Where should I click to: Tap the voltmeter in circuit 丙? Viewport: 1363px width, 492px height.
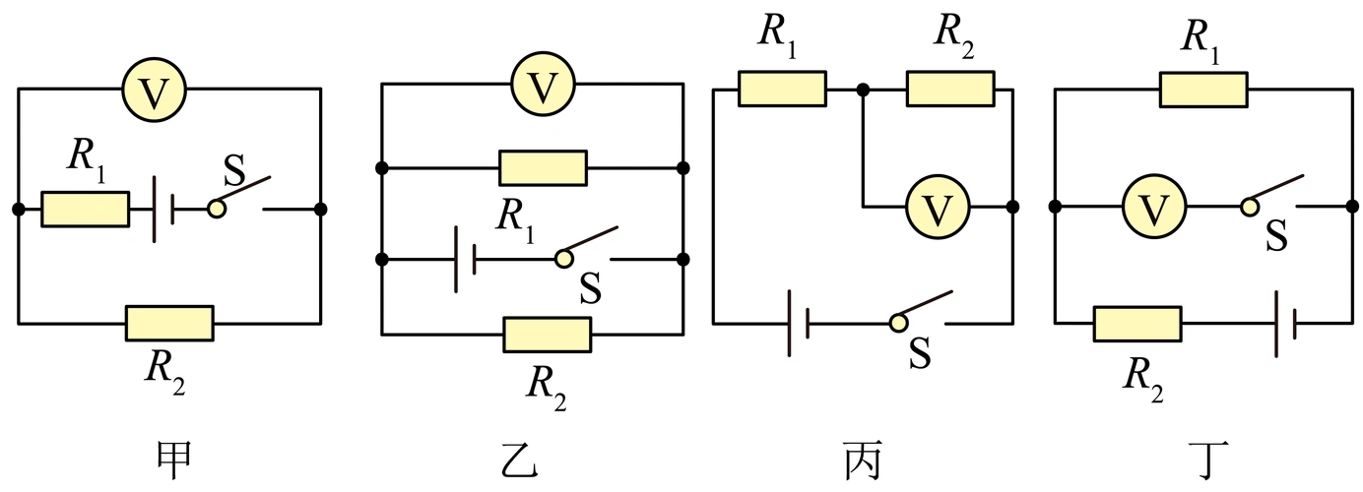(937, 207)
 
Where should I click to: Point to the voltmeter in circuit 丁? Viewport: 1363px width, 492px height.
(1154, 207)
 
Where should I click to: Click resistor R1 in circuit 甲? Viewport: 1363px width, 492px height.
(85, 209)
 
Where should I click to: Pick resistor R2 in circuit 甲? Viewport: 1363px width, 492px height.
(169, 323)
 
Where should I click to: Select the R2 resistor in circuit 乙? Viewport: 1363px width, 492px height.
(547, 335)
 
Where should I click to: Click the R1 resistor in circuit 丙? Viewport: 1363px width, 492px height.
(782, 89)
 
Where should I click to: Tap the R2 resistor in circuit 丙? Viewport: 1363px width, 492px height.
(950, 89)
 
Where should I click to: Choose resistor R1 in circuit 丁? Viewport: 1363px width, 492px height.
(1203, 89)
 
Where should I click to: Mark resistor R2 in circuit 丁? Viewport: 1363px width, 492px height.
(1137, 323)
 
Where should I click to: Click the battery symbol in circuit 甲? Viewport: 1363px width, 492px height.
(162, 209)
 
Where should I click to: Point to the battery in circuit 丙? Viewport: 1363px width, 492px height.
(799, 323)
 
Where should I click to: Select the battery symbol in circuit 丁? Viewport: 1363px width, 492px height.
(1286, 323)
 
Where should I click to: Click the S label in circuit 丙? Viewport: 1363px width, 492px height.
(919, 355)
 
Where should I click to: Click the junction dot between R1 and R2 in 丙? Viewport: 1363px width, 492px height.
(863, 90)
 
